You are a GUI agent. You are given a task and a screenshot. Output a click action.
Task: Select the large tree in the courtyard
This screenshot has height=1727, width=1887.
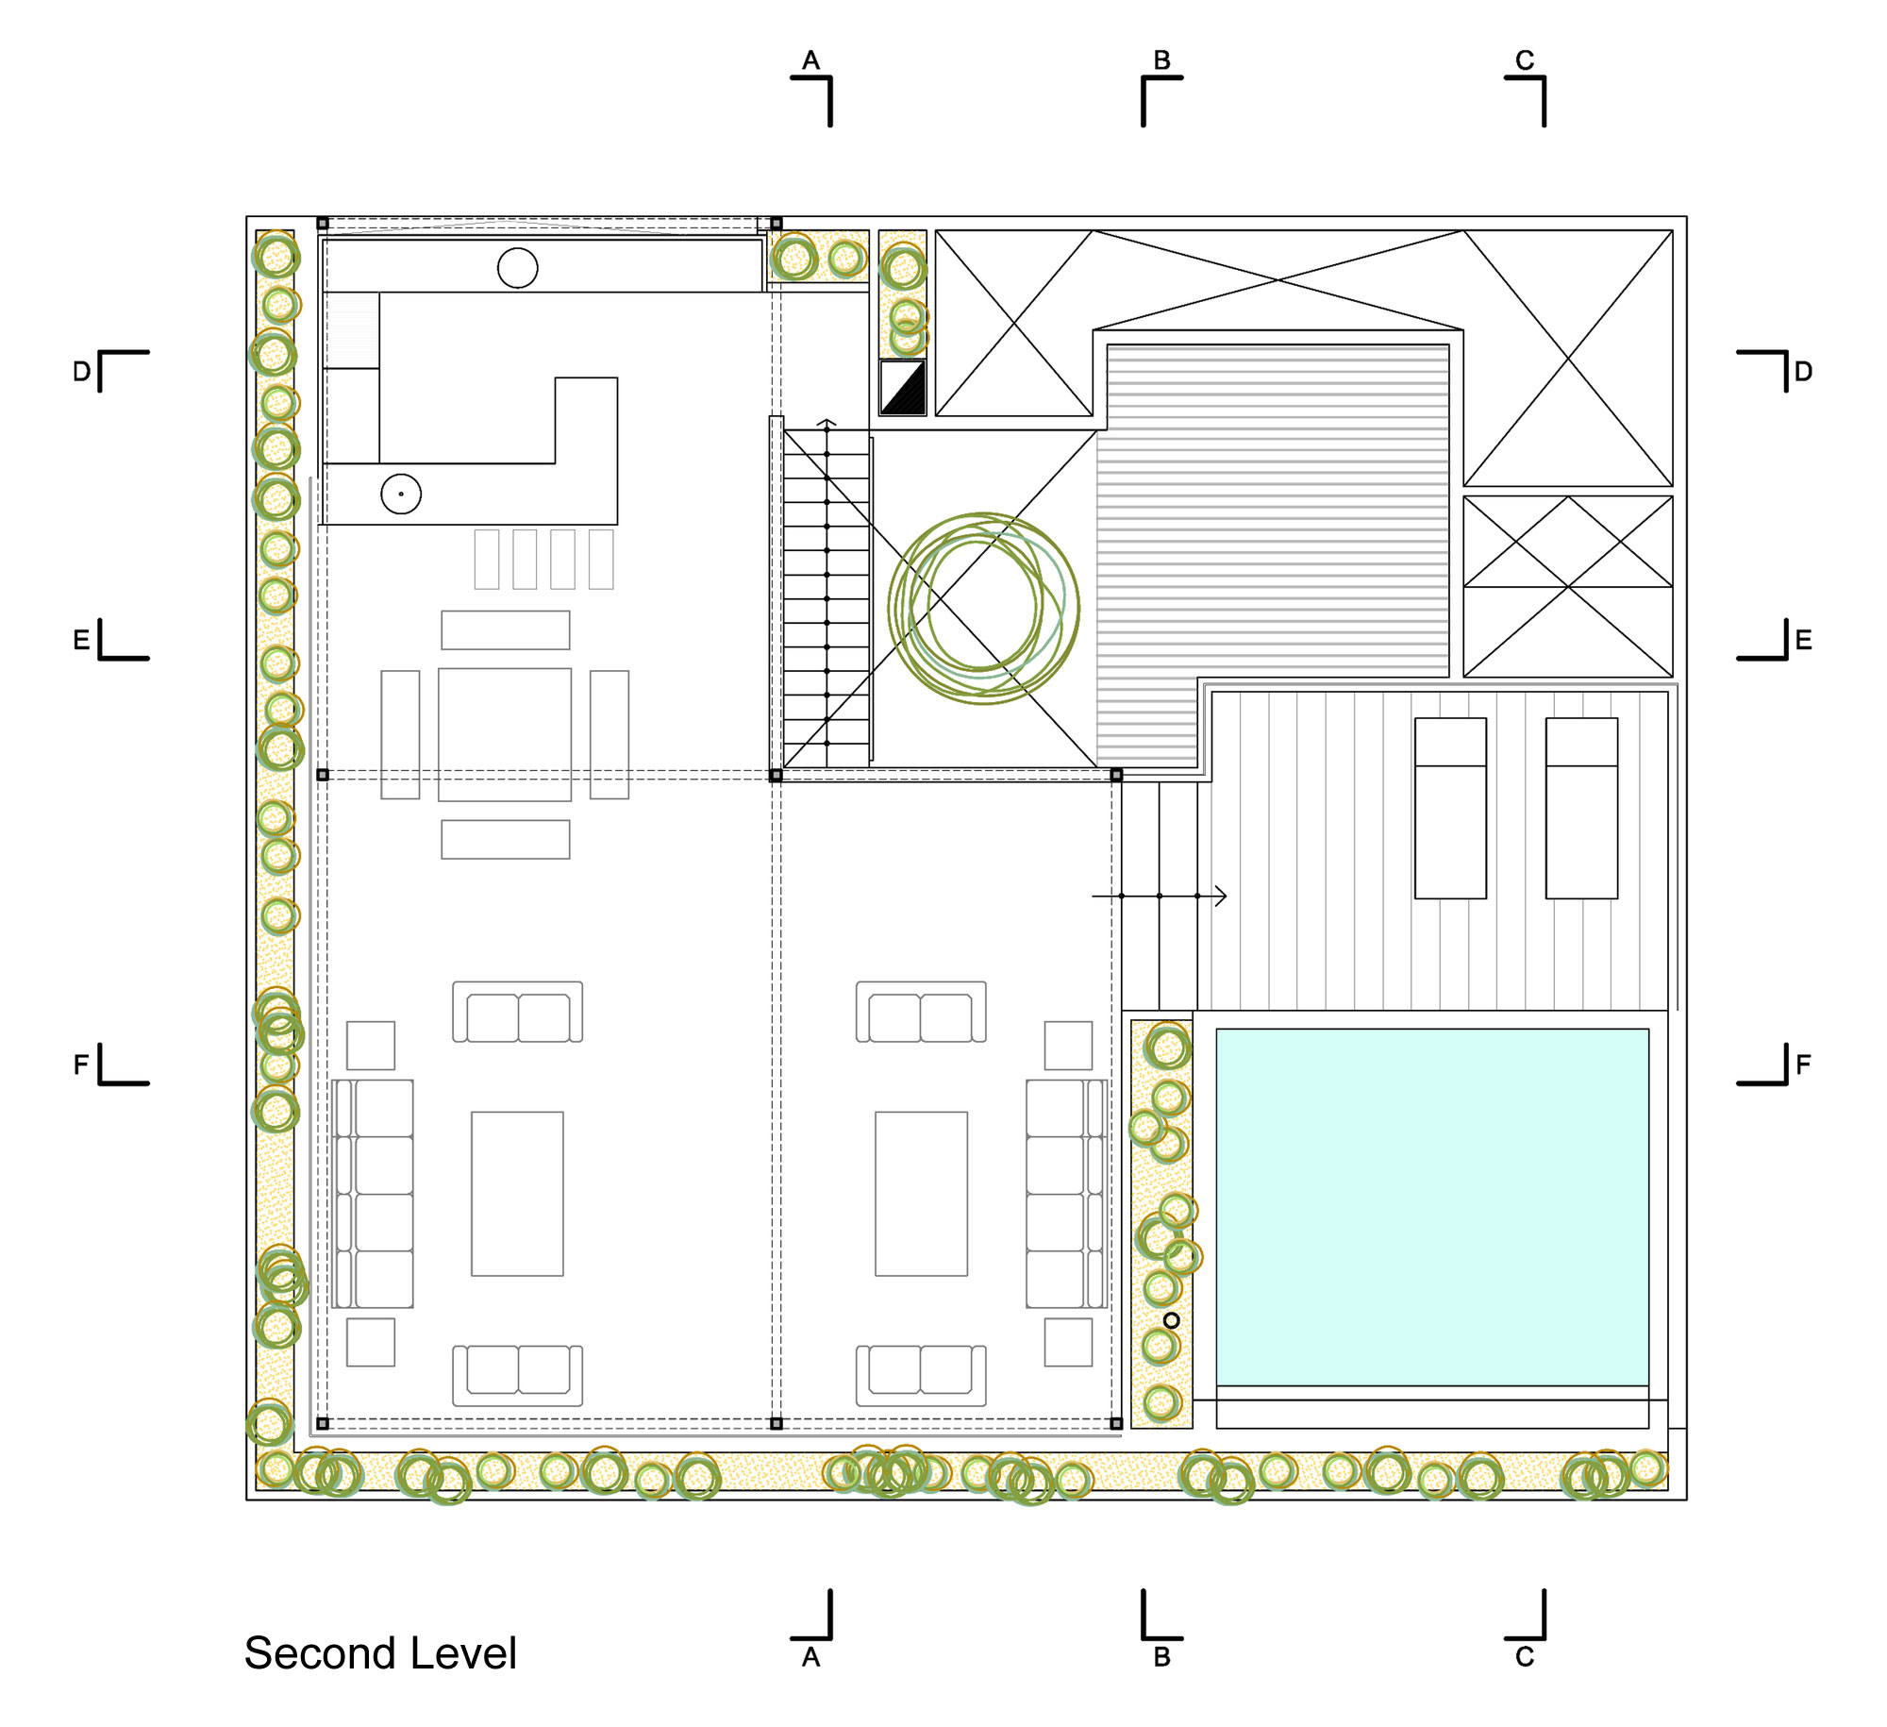[983, 608]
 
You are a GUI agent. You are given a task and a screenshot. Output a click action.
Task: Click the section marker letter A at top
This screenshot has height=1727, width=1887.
[810, 60]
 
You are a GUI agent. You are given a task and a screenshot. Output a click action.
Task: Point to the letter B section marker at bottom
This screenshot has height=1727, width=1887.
[1161, 1657]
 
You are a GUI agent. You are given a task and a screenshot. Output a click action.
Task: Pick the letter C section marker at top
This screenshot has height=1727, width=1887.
[1525, 60]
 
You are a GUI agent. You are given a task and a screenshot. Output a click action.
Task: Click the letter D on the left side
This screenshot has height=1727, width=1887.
[82, 372]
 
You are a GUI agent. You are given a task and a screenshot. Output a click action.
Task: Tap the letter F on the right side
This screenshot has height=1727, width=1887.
[1803, 1065]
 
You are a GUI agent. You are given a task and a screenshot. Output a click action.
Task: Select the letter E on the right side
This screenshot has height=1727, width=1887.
[1803, 641]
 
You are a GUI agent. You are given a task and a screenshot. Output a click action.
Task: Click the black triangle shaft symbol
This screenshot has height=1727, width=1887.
[903, 387]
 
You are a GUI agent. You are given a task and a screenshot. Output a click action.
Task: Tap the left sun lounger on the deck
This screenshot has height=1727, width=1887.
[1450, 808]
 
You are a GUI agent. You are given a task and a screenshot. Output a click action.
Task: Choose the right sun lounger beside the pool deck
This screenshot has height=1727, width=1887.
[1581, 808]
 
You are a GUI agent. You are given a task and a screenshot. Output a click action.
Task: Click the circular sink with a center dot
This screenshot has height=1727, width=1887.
[401, 494]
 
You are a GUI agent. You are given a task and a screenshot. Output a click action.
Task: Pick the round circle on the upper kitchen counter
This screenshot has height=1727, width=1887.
[518, 268]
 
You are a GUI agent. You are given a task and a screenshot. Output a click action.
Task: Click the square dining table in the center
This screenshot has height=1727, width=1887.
[505, 734]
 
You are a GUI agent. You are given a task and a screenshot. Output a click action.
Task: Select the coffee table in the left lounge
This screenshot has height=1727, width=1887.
[517, 1193]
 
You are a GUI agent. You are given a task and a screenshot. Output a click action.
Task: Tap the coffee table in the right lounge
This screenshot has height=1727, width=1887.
[921, 1193]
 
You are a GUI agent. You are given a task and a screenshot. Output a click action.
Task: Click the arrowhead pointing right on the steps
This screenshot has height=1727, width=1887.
[1221, 896]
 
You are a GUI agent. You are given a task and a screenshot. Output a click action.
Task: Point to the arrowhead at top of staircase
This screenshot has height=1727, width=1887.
[827, 423]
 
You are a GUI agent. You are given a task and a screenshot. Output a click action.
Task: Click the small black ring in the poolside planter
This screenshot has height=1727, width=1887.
[1171, 1320]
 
